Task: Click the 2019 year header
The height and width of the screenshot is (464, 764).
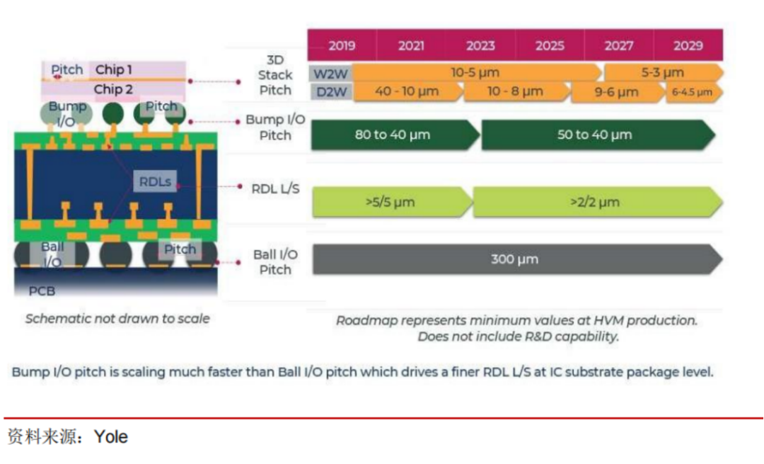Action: (342, 45)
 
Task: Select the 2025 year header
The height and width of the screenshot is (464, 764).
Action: (550, 45)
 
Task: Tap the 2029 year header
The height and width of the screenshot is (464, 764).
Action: (688, 45)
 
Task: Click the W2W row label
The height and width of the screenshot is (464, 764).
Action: (330, 74)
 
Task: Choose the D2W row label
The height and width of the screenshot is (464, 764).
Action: (331, 91)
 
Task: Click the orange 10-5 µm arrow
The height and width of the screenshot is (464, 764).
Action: (477, 73)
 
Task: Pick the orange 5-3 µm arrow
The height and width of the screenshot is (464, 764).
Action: (664, 73)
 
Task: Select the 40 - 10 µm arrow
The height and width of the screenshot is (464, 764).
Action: (408, 91)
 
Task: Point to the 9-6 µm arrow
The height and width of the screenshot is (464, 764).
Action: (618, 91)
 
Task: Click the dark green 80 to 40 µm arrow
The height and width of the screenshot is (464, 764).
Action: (395, 135)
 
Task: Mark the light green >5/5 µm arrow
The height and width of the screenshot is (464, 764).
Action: (392, 202)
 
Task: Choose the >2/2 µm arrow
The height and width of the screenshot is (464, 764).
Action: (597, 202)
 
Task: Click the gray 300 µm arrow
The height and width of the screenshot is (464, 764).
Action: (517, 259)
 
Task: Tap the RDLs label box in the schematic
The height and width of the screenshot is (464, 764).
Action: (155, 181)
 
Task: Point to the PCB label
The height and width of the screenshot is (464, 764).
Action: (42, 290)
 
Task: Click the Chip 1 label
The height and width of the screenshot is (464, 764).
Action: (113, 69)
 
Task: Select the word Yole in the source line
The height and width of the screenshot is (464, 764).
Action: (111, 436)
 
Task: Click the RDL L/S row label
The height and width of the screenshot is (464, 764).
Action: (275, 189)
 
